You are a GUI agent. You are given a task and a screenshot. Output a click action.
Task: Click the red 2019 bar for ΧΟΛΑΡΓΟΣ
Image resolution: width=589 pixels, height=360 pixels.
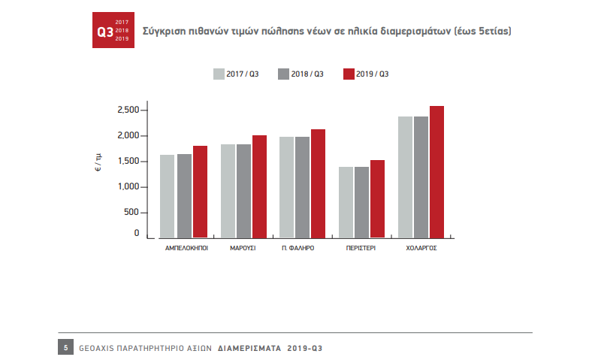[x=436, y=172]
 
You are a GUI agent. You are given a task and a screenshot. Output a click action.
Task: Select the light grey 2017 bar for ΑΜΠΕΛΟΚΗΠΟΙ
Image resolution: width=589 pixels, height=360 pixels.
[x=167, y=196]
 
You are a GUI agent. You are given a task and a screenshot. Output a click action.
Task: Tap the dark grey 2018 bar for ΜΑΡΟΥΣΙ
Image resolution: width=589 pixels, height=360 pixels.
[x=243, y=191]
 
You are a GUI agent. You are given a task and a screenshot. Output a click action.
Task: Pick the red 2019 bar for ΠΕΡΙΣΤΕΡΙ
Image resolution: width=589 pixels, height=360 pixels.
[x=377, y=199]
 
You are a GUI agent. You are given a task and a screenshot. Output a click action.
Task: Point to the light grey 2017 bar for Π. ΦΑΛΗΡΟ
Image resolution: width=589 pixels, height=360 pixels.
[x=286, y=187]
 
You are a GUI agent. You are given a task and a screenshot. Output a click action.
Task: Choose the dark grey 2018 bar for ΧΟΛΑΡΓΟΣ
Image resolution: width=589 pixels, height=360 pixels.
[x=421, y=177]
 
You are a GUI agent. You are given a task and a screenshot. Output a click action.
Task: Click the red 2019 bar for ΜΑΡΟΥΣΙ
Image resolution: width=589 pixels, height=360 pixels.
[x=259, y=186]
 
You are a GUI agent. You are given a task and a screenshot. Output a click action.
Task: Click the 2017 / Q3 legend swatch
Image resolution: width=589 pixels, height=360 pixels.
[x=219, y=74]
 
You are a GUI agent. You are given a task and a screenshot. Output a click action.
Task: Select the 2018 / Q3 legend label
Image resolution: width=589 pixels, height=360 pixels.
[x=308, y=74]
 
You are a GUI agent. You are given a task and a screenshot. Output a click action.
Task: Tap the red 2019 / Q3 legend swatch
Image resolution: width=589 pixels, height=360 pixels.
[x=348, y=74]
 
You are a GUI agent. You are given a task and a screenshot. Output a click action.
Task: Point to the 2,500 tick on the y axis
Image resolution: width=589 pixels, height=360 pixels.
[x=128, y=110]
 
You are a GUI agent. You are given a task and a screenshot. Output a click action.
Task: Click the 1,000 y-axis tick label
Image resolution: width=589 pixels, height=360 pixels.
[x=128, y=186]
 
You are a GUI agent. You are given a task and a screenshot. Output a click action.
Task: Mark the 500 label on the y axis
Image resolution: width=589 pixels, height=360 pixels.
[x=131, y=212]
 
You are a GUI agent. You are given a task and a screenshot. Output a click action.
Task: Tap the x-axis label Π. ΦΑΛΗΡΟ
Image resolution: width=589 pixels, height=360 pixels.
[x=298, y=247]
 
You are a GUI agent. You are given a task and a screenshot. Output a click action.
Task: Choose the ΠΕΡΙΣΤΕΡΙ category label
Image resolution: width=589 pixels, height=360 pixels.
[x=361, y=247]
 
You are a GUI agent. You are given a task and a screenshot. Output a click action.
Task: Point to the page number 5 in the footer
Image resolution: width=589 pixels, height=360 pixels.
[x=66, y=348]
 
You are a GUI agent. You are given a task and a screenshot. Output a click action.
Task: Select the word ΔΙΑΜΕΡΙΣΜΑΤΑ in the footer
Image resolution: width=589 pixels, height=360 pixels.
[x=249, y=349]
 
